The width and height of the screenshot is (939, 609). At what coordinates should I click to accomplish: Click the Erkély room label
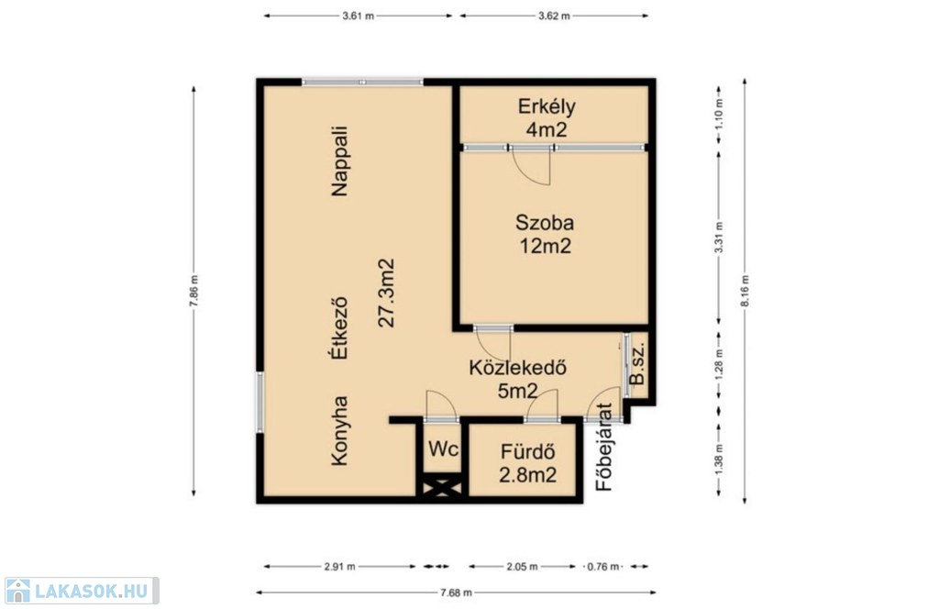click(547, 106)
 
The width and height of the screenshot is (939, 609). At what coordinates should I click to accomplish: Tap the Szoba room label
click(545, 223)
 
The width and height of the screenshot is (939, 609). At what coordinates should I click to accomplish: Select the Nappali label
click(339, 161)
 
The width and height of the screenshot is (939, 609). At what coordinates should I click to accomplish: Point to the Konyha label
click(339, 430)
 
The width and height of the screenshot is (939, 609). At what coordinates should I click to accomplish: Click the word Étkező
click(339, 327)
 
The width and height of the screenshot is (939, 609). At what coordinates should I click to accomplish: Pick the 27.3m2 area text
click(387, 293)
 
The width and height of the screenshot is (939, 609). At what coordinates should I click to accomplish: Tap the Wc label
click(443, 448)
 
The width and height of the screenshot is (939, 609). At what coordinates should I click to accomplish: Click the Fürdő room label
click(527, 451)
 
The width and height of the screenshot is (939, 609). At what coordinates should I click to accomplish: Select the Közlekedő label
click(517, 367)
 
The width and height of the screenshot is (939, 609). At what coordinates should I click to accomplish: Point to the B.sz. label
click(637, 363)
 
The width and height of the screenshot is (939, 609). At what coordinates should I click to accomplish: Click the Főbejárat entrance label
click(604, 447)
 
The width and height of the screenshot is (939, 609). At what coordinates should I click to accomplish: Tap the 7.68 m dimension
click(456, 592)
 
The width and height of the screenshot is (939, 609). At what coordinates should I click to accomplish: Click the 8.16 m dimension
click(745, 291)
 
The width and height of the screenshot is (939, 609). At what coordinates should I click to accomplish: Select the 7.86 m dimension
click(193, 291)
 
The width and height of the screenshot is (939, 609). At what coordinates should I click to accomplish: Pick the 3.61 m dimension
click(359, 17)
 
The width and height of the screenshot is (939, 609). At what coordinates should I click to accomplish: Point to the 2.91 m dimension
click(339, 567)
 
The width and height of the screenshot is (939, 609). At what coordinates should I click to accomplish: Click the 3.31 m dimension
click(719, 238)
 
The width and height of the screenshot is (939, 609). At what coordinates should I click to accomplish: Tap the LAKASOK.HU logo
click(82, 591)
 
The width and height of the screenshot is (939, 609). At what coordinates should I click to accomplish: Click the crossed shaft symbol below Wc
click(443, 487)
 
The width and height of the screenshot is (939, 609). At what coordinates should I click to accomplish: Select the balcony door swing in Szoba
click(532, 167)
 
